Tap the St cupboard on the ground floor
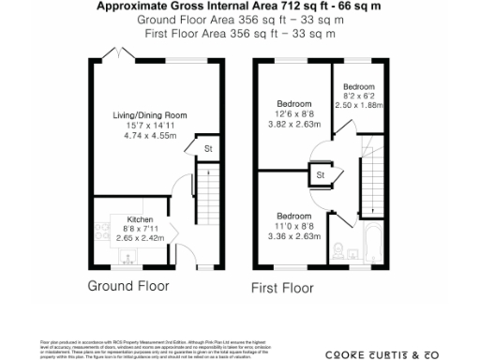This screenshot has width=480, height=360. pyautogui.click(x=208, y=149)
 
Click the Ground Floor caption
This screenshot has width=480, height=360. pyautogui.click(x=128, y=284)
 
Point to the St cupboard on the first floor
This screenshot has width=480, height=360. pyautogui.click(x=321, y=174)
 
